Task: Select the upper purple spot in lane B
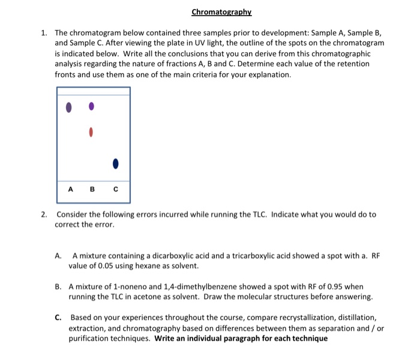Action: tap(91, 106)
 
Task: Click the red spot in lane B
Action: tap(91, 131)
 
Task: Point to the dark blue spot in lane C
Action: tap(116, 163)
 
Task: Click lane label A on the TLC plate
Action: tap(70, 190)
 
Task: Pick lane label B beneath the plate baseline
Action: tap(92, 190)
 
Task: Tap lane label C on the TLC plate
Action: tap(116, 190)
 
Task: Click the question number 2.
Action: tap(44, 214)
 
